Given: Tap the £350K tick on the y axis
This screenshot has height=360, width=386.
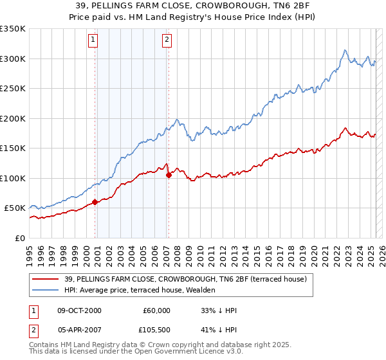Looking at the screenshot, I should pyautogui.click(x=13, y=29).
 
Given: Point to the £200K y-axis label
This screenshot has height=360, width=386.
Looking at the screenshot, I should pyautogui.click(x=13, y=118).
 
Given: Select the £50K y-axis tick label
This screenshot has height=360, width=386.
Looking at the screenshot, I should pyautogui.click(x=15, y=208).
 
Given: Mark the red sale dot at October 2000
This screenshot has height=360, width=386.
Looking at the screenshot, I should pyautogui.click(x=95, y=202).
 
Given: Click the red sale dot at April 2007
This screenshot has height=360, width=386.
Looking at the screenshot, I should pyautogui.click(x=169, y=174).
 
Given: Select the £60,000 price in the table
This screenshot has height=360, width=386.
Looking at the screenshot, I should pyautogui.click(x=156, y=310).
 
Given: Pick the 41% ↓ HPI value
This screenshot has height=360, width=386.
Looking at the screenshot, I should pyautogui.click(x=219, y=331).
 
